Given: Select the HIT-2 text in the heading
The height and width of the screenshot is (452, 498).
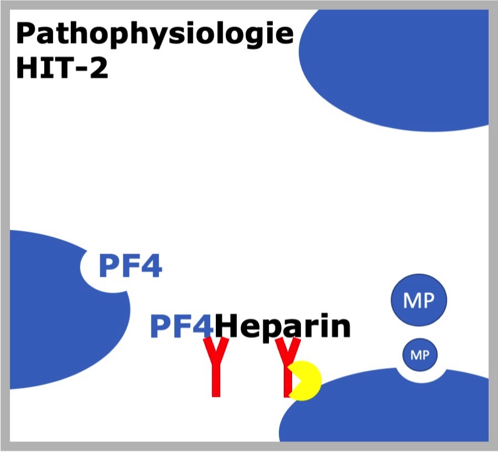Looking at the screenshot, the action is tap(62, 68).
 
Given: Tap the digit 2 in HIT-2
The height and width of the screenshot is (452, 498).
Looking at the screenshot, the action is tap(99, 68).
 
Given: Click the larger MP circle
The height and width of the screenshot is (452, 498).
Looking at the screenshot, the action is tap(419, 299).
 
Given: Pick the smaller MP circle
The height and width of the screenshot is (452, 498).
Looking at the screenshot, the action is tap(420, 355).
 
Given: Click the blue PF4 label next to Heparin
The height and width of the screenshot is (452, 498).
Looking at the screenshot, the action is tap(182, 326).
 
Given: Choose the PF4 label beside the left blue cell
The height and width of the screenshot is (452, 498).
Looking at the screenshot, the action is tap(131, 266).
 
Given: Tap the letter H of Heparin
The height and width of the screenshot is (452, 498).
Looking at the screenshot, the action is tap(226, 325).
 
